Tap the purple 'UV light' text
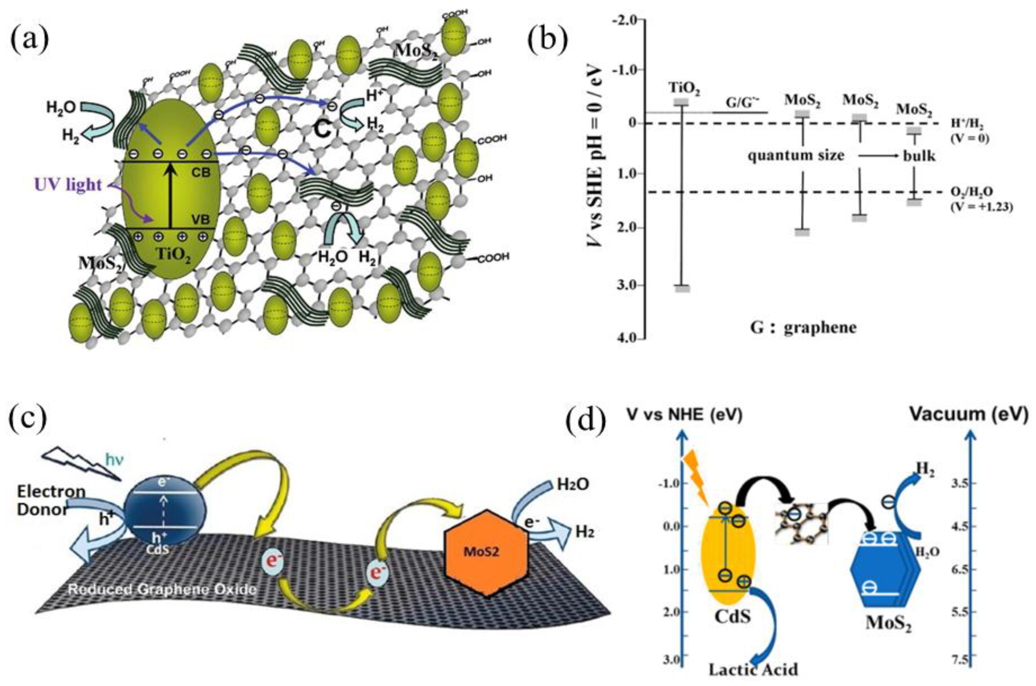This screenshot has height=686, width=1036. click(x=68, y=185)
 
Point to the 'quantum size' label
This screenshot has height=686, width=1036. click(x=796, y=155)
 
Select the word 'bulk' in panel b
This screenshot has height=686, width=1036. click(x=919, y=156)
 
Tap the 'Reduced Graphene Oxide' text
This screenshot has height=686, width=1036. click(x=162, y=589)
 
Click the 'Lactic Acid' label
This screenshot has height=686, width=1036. click(x=753, y=669)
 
